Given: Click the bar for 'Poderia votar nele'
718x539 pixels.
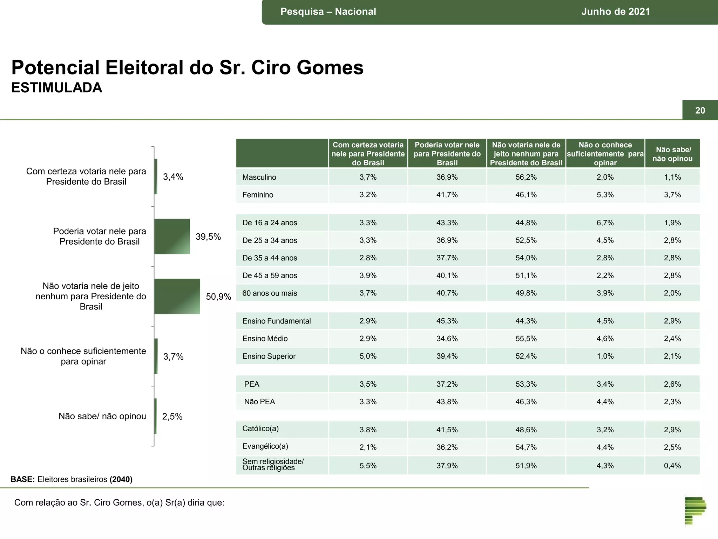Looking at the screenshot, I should click(172, 236).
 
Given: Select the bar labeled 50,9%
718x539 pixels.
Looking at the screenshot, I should click(177, 296).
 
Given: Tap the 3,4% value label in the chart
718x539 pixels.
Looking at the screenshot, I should click(173, 177).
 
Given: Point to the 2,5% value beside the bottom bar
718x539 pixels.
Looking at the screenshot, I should click(172, 417).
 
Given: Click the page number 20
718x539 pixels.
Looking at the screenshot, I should click(700, 111).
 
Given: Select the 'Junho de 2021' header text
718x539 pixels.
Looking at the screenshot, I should click(615, 12).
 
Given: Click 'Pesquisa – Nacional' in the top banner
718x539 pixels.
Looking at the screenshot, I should click(328, 12).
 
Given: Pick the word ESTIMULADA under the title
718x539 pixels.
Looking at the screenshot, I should click(57, 88).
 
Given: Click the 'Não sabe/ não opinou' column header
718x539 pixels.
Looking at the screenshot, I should click(672, 154).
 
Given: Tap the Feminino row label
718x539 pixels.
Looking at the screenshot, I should click(258, 195).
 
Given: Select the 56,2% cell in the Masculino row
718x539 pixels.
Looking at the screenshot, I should click(526, 177).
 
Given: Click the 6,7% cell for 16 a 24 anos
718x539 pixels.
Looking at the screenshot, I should click(605, 223).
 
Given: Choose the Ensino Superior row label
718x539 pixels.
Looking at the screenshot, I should click(269, 356).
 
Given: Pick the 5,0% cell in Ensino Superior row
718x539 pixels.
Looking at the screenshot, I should click(368, 356).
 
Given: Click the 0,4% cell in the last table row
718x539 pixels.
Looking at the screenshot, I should click(672, 466).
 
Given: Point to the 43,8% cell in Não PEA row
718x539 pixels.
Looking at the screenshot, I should click(447, 402).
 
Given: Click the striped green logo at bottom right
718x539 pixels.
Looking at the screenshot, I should click(695, 511).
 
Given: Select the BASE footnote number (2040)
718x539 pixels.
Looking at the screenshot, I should click(121, 479).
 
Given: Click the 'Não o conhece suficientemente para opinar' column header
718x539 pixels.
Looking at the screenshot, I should click(605, 154).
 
